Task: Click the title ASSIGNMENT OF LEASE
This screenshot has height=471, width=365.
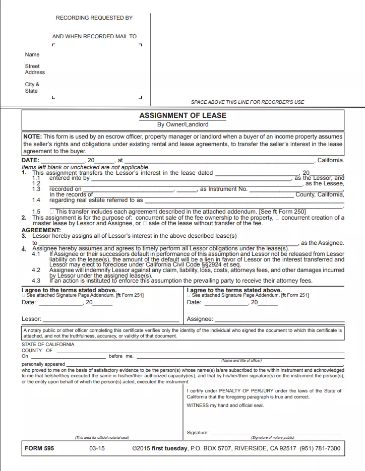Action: (182, 115)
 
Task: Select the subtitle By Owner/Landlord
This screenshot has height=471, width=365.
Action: (182, 124)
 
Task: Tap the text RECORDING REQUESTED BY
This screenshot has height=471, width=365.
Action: (94, 18)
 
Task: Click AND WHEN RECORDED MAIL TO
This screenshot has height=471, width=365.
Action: (94, 36)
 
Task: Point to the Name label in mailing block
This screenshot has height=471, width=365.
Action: (32, 54)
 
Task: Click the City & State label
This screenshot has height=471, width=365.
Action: (32, 88)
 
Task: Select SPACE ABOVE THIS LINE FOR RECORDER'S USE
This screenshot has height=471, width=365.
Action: (248, 102)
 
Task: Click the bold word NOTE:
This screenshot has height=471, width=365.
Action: (33, 137)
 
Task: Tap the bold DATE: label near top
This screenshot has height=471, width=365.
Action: (30, 160)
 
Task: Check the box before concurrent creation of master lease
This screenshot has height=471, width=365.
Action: (277, 218)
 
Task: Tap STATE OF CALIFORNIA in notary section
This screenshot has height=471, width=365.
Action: (48, 345)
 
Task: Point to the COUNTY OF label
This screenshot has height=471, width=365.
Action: (37, 351)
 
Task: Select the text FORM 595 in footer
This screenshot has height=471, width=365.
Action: (39, 448)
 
